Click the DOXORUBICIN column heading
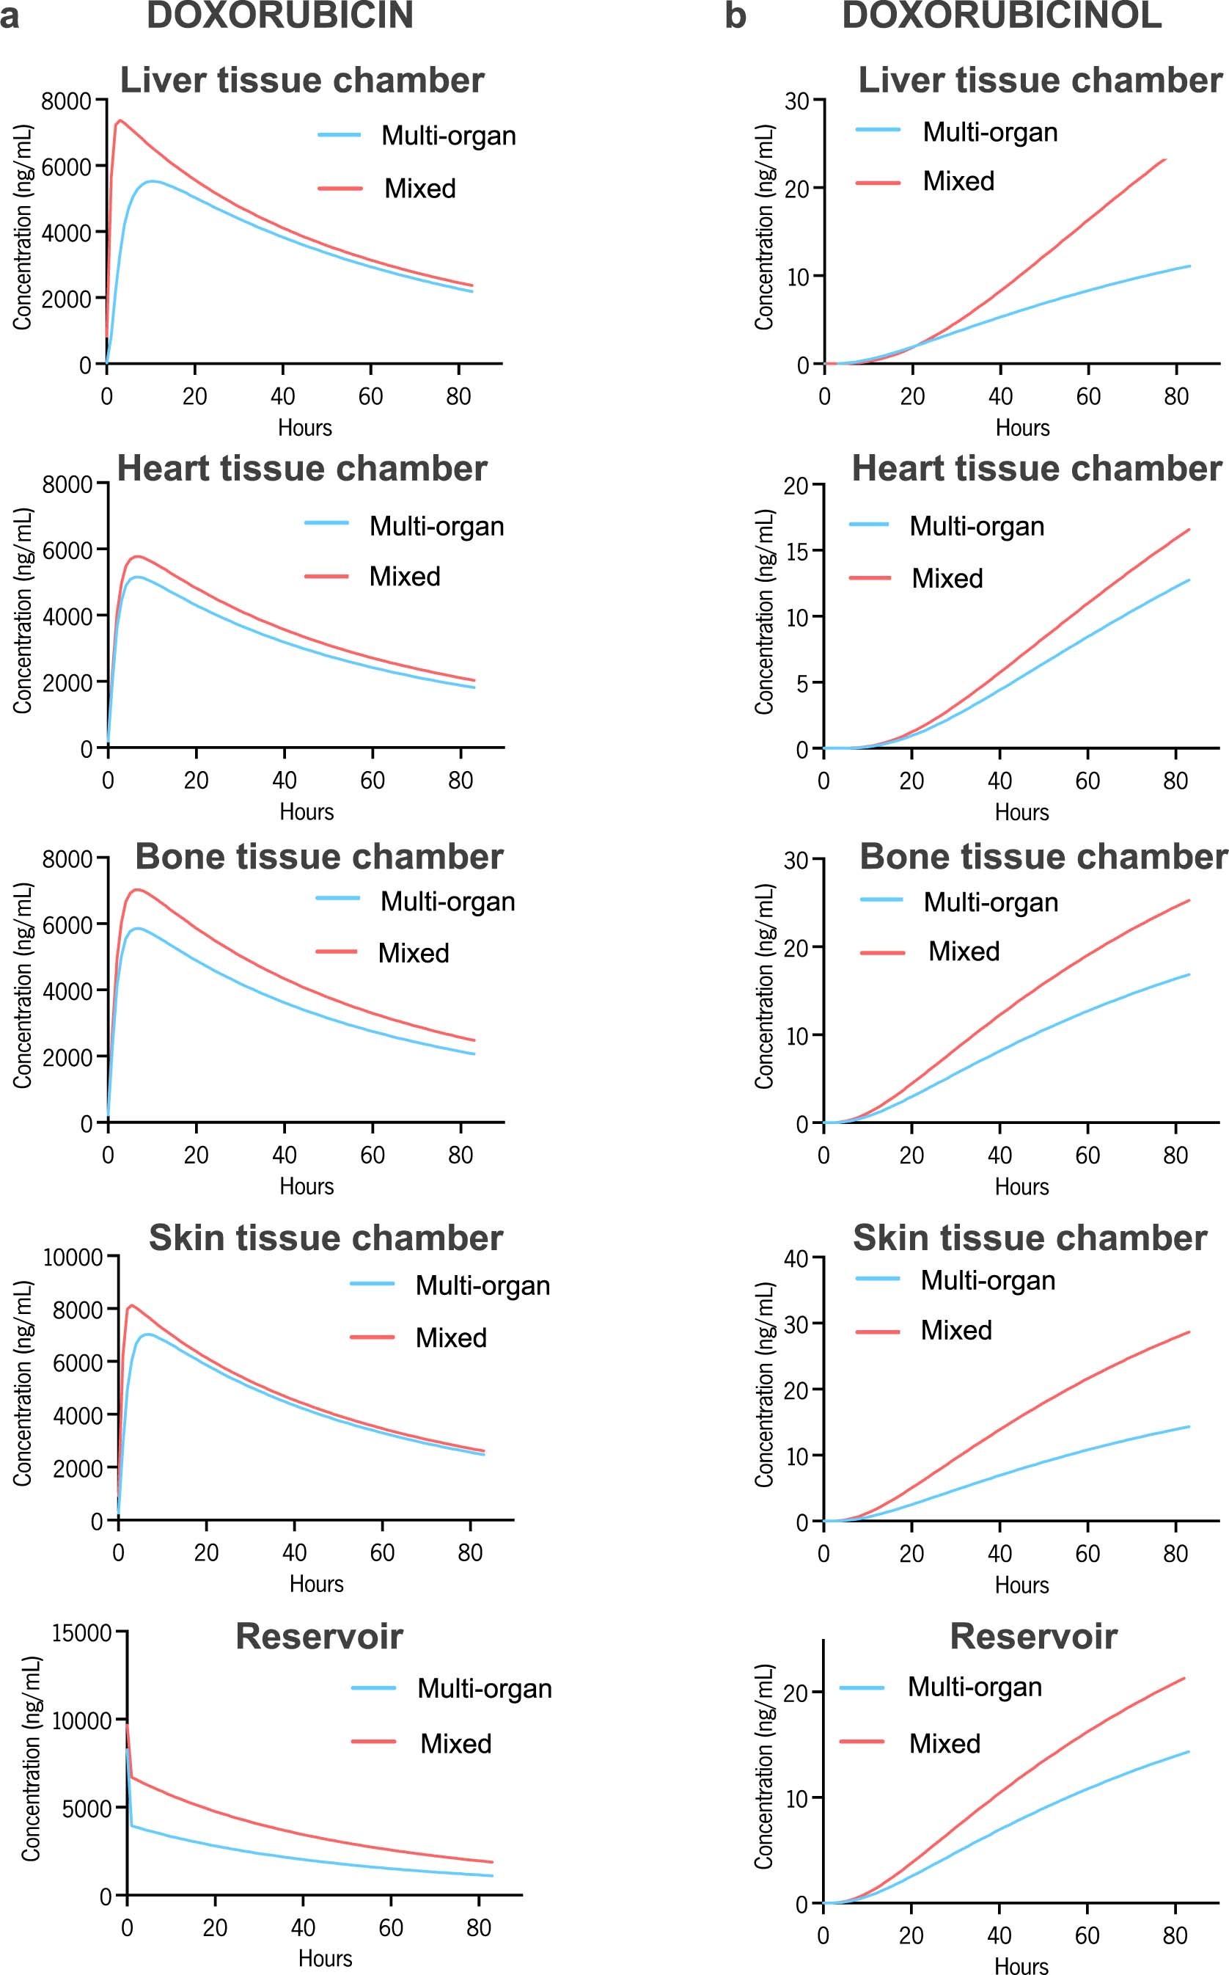pos(279,16)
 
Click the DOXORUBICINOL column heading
pos(1002,16)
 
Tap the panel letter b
pos(735,16)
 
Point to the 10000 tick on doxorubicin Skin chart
pos(73,1258)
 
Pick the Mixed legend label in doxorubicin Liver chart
pos(419,189)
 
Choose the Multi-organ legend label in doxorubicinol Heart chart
pos(976,526)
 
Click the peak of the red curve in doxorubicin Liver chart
pos(120,120)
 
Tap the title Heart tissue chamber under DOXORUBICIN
pos(301,468)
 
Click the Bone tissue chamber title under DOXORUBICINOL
pos(1043,856)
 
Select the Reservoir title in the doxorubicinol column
pos(1033,1636)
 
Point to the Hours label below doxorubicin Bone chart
pos(307,1186)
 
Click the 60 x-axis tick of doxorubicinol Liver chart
pos(1087,397)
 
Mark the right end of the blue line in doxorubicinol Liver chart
pos(1189,266)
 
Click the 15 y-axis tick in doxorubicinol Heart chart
pos(796,551)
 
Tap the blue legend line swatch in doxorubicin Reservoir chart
pos(373,1689)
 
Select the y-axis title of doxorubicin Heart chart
pos(23,611)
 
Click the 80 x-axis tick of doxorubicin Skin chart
pos(470,1553)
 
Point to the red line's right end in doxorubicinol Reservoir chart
pos(1184,1678)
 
